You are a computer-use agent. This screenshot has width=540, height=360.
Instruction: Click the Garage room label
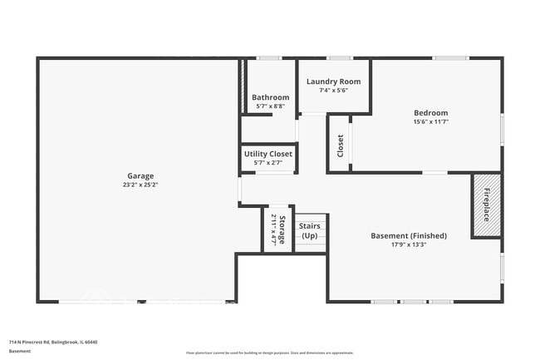(x=140, y=175)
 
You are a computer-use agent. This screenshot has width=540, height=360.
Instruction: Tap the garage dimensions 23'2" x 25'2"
(x=140, y=185)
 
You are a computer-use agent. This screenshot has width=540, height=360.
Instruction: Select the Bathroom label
(x=270, y=97)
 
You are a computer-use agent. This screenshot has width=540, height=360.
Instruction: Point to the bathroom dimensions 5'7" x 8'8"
(x=270, y=106)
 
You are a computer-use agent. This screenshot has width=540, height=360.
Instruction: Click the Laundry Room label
(x=333, y=81)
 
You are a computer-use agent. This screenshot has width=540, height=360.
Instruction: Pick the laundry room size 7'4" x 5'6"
(x=333, y=90)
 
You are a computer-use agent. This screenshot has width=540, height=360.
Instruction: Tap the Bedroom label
(x=431, y=113)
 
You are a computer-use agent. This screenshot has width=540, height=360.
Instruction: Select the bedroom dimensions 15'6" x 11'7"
(x=431, y=122)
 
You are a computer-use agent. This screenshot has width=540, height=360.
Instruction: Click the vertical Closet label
(x=341, y=145)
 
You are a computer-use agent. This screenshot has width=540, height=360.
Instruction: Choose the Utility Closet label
(x=268, y=154)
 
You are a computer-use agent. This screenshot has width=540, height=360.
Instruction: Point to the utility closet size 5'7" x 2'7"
(x=268, y=163)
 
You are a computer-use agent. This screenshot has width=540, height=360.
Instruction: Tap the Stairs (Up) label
(x=309, y=230)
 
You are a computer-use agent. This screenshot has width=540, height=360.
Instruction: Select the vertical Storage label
(x=282, y=229)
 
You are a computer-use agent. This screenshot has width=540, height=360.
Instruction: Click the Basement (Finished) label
(x=408, y=236)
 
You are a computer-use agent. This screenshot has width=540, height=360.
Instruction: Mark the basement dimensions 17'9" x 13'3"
(x=408, y=245)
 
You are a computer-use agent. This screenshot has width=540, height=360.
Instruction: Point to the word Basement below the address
(x=20, y=351)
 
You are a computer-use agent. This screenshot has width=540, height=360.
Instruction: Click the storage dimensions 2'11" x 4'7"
(x=273, y=229)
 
